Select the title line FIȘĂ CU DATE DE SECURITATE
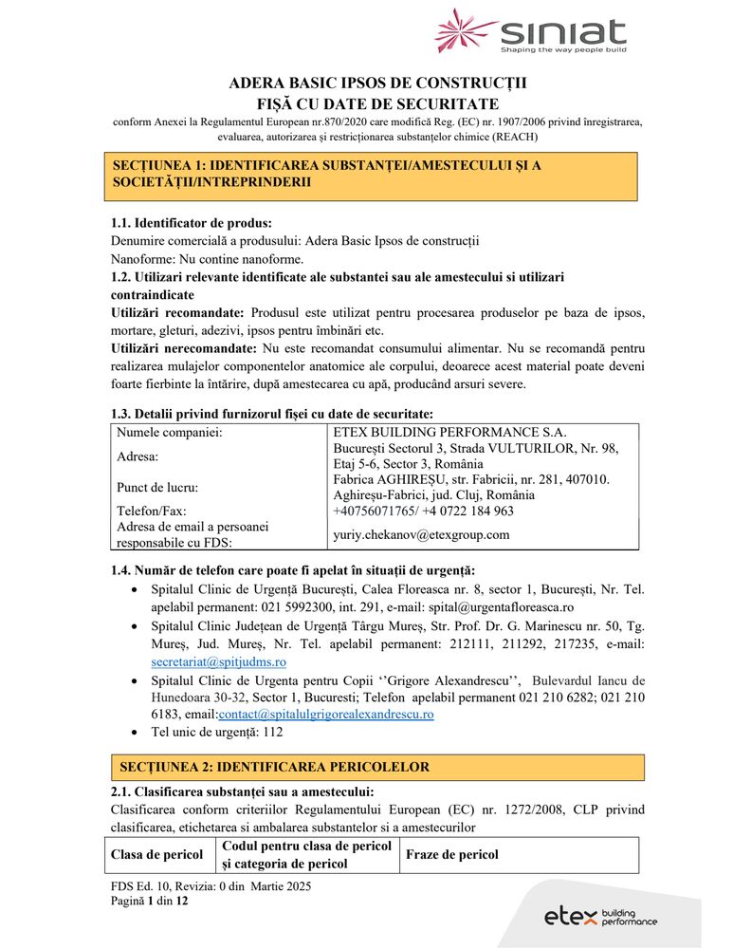click(x=377, y=103)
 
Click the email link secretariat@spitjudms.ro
click(x=218, y=661)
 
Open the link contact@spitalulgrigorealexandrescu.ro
click(x=326, y=714)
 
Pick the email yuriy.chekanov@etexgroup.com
click(x=421, y=534)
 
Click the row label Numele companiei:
click(x=169, y=433)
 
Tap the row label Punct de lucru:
click(x=157, y=488)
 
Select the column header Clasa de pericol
click(x=156, y=854)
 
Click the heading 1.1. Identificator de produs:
click(x=192, y=224)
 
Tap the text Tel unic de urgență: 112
click(x=217, y=732)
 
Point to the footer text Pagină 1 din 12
click(x=150, y=901)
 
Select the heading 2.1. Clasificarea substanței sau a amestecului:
click(x=243, y=791)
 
